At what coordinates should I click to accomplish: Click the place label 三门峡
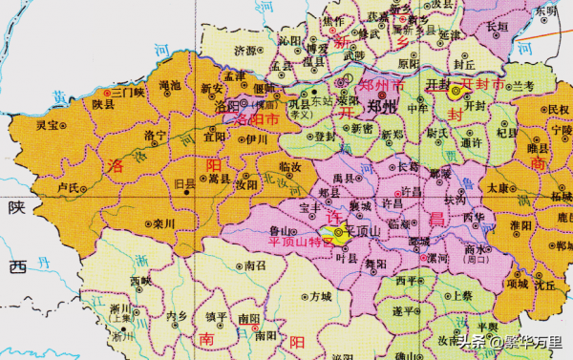[x=127, y=92]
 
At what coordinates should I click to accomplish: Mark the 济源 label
[x=245, y=50]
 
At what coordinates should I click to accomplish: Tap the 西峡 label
[x=141, y=282]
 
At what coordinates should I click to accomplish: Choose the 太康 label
[x=498, y=188]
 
